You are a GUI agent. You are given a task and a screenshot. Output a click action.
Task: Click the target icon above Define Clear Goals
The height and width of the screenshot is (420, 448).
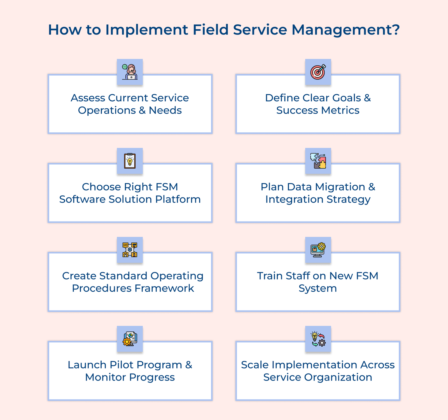pyautogui.click(x=318, y=72)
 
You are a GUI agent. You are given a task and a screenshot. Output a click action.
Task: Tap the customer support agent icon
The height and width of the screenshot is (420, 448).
pyautogui.click(x=130, y=72)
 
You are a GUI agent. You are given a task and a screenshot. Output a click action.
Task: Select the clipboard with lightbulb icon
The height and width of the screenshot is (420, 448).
pyautogui.click(x=130, y=161)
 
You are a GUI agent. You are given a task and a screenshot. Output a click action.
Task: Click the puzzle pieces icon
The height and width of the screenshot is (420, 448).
pyautogui.click(x=318, y=161)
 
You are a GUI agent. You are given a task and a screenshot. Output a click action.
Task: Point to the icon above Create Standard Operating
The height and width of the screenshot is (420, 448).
pyautogui.click(x=130, y=250)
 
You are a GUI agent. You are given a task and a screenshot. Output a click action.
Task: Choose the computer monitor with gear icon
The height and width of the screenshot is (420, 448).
pyautogui.click(x=318, y=250)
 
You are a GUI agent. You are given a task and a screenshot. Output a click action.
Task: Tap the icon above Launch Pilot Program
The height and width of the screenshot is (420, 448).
pyautogui.click(x=130, y=339)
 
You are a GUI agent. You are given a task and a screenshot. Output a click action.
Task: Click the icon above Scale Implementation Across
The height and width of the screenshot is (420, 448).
pyautogui.click(x=318, y=339)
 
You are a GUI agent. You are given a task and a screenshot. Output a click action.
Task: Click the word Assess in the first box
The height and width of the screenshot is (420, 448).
pyautogui.click(x=88, y=98)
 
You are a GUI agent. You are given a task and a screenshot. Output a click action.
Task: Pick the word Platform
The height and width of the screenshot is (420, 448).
pyautogui.click(x=178, y=199)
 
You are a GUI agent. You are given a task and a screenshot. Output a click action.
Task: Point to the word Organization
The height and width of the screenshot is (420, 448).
pyautogui.click(x=338, y=377)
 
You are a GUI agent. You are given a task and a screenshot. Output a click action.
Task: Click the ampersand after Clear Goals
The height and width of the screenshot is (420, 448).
pyautogui.click(x=367, y=98)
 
